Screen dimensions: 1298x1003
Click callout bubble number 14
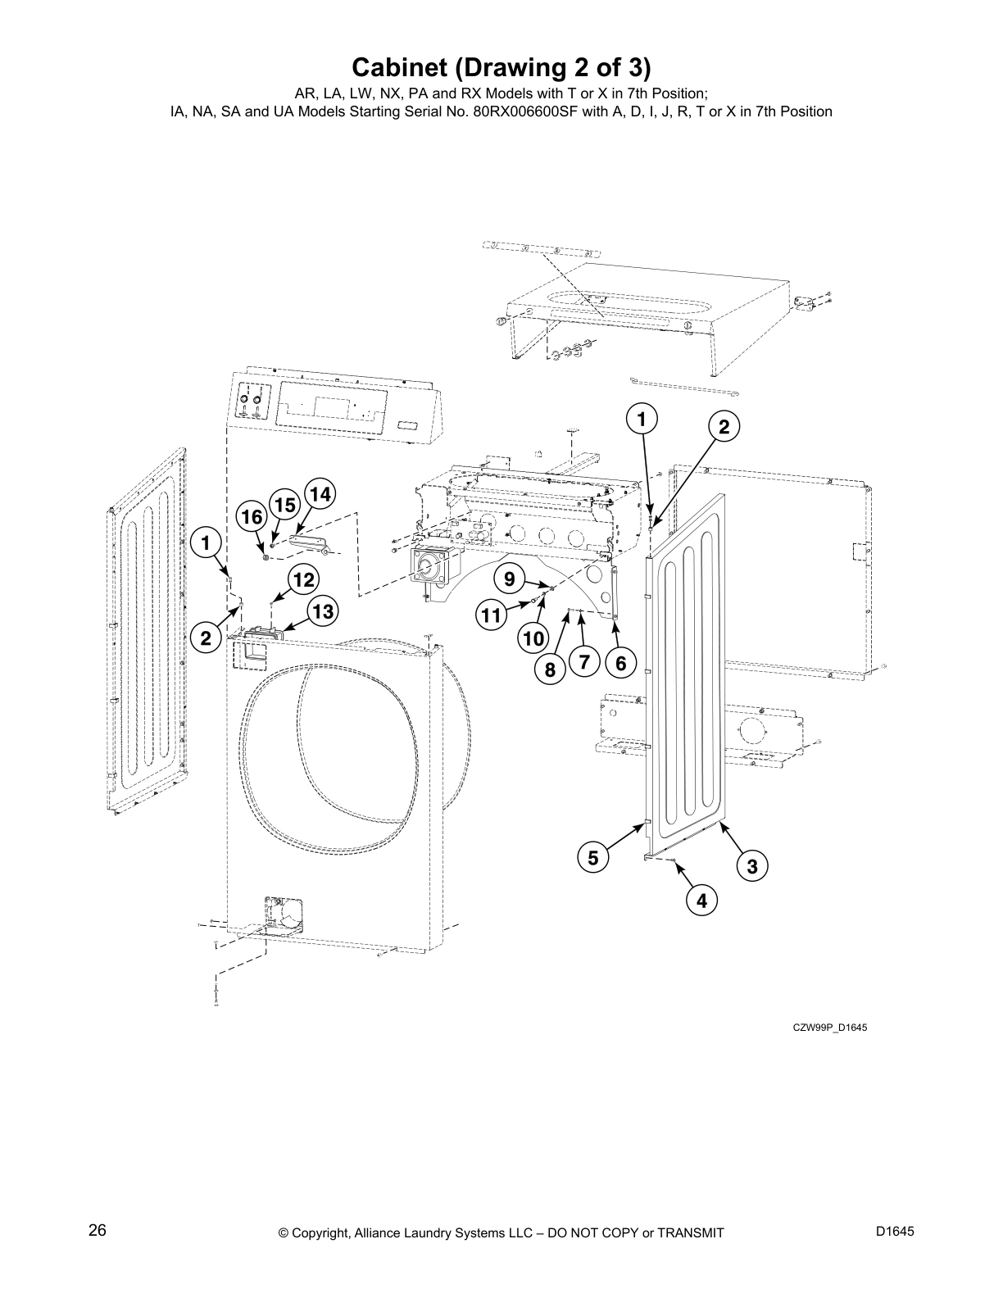click(320, 494)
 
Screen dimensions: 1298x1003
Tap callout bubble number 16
click(252, 517)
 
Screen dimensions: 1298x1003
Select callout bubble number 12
click(303, 580)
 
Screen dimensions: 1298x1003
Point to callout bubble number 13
click(323, 610)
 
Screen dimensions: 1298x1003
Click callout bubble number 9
click(509, 579)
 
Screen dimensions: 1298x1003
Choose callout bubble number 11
click(491, 615)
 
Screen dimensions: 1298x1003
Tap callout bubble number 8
click(550, 670)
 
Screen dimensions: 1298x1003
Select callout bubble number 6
click(620, 664)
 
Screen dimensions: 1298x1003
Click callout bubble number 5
click(592, 858)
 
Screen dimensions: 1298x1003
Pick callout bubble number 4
click(701, 901)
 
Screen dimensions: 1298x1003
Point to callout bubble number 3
click(752, 865)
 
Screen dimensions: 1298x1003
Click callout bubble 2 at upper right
click(724, 426)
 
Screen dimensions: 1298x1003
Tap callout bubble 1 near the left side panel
click(206, 542)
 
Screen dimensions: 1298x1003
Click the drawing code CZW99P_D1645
click(828, 1028)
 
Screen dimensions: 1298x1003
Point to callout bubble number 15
click(284, 505)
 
